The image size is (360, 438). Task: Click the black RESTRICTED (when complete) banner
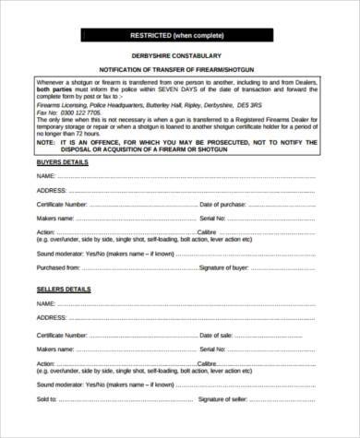click(x=179, y=35)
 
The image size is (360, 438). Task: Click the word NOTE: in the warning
click(x=46, y=144)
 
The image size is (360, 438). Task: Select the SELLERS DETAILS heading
click(x=64, y=290)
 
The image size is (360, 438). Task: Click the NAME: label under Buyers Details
click(x=48, y=174)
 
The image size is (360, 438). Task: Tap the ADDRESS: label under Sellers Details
click(x=53, y=317)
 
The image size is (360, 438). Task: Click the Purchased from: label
click(x=58, y=266)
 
